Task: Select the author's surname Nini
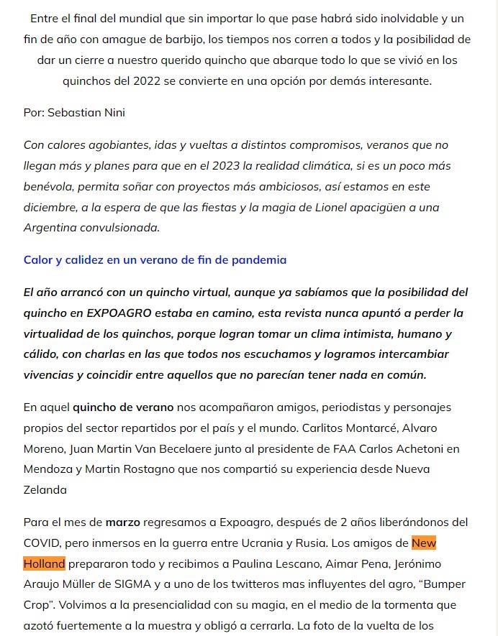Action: pyautogui.click(x=114, y=113)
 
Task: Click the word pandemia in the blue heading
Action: pyautogui.click(x=258, y=260)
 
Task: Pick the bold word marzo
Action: pyautogui.click(x=123, y=522)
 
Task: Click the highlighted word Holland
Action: pyautogui.click(x=44, y=563)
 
